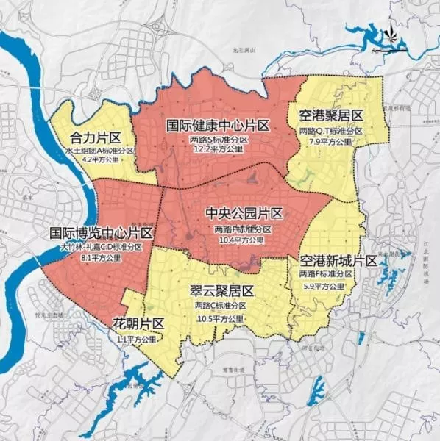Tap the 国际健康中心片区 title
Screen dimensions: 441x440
218,126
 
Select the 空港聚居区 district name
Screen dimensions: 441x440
332,116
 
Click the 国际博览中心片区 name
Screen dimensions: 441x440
101,234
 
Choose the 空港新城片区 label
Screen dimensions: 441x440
338,261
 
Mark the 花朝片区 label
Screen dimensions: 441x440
138,324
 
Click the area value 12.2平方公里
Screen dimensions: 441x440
219,149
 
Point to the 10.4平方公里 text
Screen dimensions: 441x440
244,240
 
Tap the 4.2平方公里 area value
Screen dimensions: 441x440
99,159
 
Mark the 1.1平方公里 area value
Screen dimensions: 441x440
137,340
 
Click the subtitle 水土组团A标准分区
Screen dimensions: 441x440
99,150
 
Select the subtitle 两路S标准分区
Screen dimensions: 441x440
219,139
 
